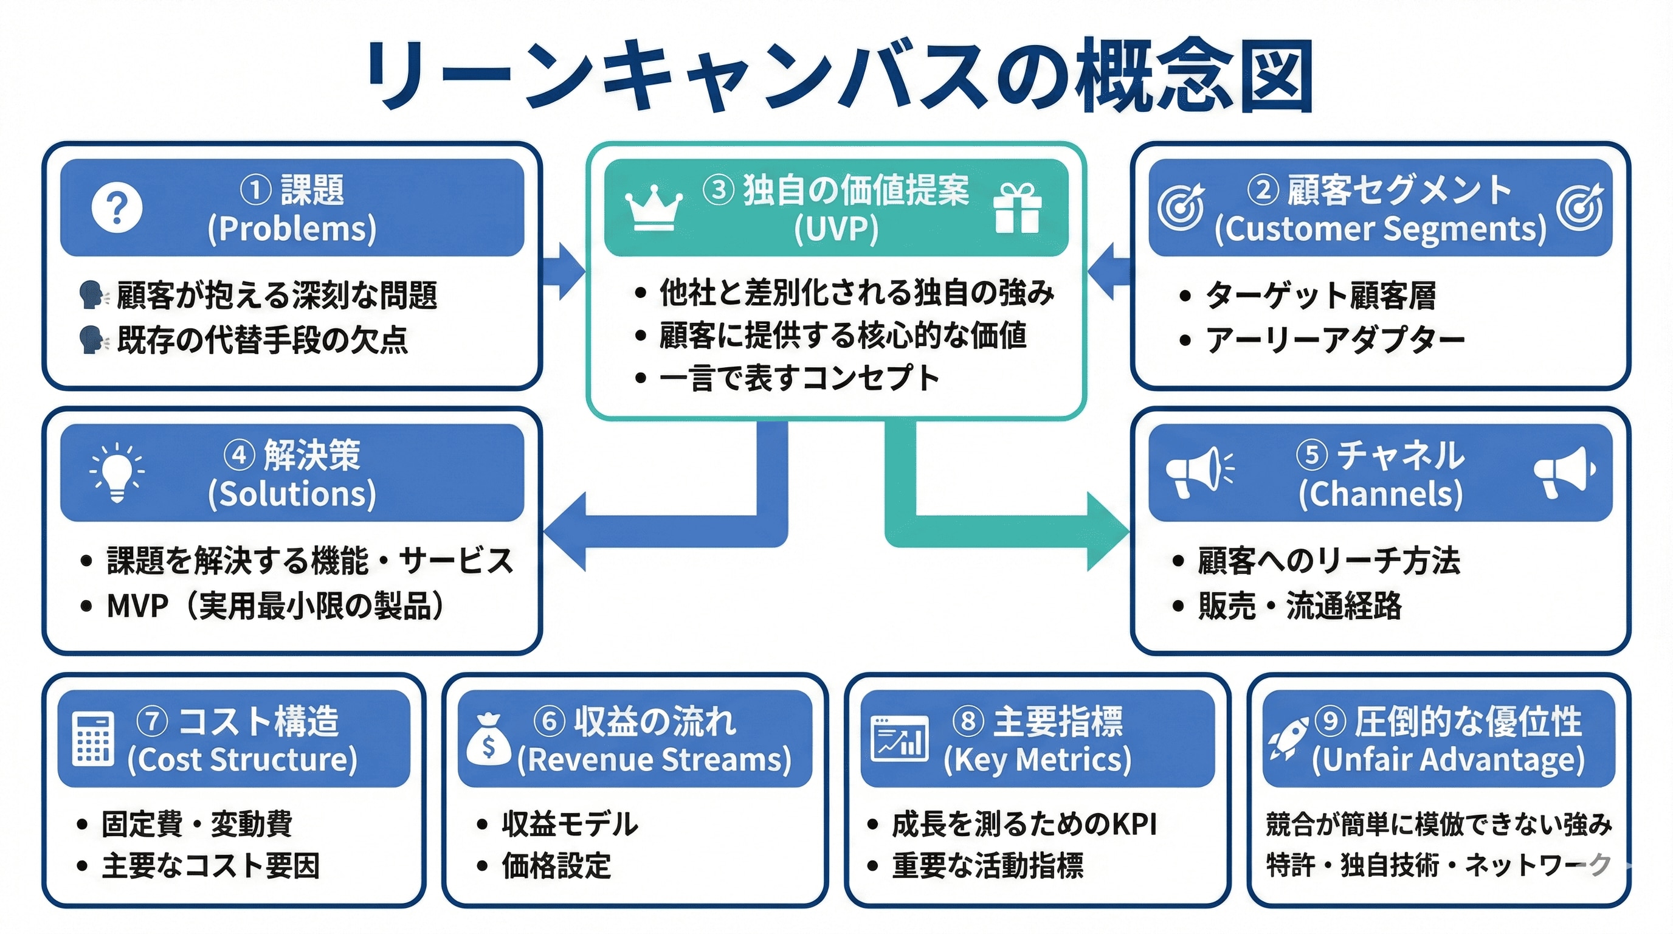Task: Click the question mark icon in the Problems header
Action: pyautogui.click(x=117, y=208)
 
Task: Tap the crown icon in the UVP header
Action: pyautogui.click(x=654, y=208)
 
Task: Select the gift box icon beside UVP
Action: pyautogui.click(x=1018, y=208)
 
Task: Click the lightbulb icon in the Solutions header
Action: pyautogui.click(x=117, y=472)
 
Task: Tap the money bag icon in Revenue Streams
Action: pyautogui.click(x=488, y=740)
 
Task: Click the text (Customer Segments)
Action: pyautogui.click(x=1380, y=229)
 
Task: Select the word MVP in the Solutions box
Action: pyautogui.click(x=137, y=606)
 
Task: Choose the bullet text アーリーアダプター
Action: pyautogui.click(x=1334, y=340)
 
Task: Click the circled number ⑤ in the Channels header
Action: pyautogui.click(x=1312, y=455)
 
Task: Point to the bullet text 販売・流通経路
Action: pyautogui.click(x=1300, y=606)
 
